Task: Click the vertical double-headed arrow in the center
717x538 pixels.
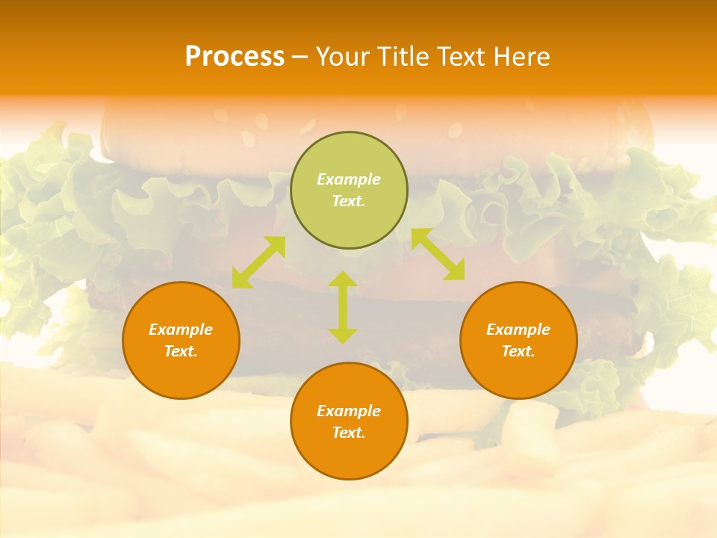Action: point(343,307)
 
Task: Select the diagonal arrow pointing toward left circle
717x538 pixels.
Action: point(258,262)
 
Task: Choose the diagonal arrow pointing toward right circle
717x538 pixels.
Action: point(438,254)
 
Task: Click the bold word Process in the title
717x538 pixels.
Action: point(235,56)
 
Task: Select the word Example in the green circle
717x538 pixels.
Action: point(349,179)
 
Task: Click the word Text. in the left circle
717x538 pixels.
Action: point(181,351)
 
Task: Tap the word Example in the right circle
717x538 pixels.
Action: point(518,330)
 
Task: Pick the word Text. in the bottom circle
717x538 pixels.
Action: point(349,433)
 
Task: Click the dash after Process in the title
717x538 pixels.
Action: point(300,57)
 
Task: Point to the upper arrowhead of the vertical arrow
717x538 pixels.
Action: point(343,279)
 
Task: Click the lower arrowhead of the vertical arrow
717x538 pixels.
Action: point(343,336)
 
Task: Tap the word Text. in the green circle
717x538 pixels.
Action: point(349,201)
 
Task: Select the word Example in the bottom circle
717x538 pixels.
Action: point(349,411)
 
